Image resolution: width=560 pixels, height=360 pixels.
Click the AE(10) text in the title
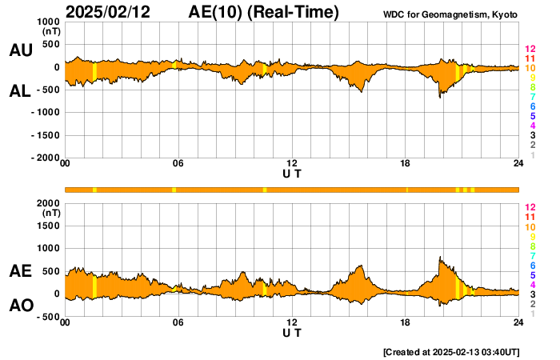tap(217, 13)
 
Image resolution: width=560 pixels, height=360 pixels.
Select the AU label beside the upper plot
tap(21, 50)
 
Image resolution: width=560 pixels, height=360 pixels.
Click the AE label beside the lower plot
tap(21, 272)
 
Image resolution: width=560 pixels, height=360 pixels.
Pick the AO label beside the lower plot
tap(21, 306)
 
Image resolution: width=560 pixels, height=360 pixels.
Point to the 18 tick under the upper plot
tap(406, 164)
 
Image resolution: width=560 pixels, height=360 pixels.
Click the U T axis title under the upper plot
tap(292, 174)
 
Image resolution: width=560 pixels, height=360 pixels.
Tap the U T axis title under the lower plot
tap(292, 332)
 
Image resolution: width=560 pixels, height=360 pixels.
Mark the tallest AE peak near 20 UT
tap(440, 258)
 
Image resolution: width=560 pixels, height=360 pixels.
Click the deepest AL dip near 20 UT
tap(439, 97)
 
